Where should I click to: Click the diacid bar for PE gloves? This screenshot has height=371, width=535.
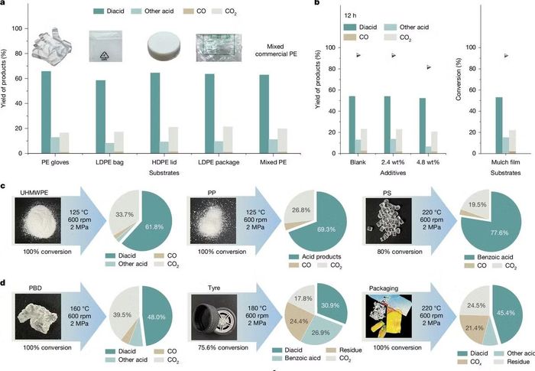[46, 112]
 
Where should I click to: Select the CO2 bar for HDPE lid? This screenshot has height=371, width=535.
[173, 140]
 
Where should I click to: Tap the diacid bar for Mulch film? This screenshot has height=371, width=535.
[499, 125]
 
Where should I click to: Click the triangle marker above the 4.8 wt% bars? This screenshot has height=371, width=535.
[429, 67]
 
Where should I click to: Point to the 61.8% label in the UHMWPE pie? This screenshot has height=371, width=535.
[154, 227]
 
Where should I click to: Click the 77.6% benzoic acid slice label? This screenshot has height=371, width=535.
[500, 233]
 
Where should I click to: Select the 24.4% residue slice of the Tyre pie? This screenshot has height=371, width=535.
[297, 321]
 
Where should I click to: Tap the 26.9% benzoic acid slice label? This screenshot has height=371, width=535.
[321, 333]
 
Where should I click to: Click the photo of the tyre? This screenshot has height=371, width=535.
[214, 317]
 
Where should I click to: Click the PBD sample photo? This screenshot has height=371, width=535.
[38, 317]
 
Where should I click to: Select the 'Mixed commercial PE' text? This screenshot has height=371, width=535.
[276, 50]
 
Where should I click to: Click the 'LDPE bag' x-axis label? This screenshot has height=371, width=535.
[109, 162]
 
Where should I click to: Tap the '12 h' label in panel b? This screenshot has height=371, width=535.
[350, 16]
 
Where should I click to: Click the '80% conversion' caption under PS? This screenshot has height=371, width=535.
[400, 252]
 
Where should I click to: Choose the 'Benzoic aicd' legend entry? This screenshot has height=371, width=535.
[303, 358]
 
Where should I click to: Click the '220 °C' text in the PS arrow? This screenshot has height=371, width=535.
[432, 213]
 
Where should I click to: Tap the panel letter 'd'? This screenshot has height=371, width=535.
[3, 282]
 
